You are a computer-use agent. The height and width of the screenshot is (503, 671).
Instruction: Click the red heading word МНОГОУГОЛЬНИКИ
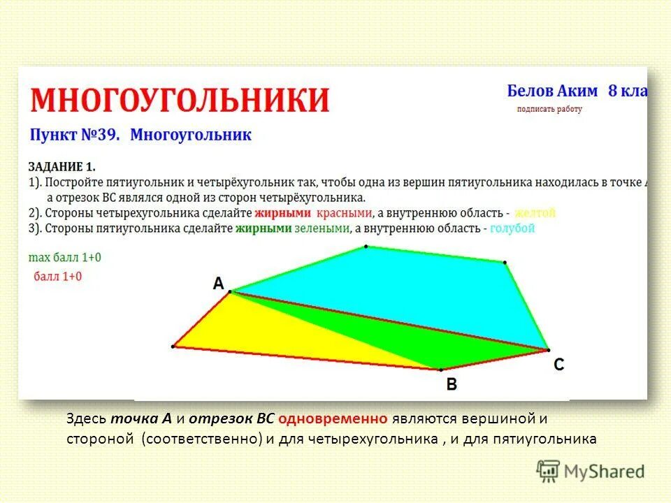click(179, 100)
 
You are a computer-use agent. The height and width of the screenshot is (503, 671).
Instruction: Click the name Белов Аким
click(552, 91)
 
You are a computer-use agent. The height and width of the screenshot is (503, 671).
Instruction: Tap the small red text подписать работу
click(549, 109)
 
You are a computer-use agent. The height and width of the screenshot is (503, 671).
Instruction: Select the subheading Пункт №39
click(75, 136)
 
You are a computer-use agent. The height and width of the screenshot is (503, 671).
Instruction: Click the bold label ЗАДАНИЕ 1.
click(62, 166)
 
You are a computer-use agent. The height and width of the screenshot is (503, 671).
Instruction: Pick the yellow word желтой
click(535, 212)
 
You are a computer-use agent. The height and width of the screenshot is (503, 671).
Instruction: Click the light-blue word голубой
click(512, 228)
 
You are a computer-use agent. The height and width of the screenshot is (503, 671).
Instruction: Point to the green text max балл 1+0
click(64, 258)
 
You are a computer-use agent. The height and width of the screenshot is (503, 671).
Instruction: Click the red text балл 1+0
click(57, 276)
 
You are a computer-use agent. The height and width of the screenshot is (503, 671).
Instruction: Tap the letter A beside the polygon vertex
click(218, 284)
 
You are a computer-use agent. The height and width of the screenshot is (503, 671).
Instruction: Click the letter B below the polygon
click(452, 384)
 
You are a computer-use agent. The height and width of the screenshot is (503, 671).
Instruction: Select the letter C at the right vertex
click(558, 364)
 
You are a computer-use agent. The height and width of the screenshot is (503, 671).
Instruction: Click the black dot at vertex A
click(231, 292)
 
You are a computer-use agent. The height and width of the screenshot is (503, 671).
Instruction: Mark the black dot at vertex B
click(441, 369)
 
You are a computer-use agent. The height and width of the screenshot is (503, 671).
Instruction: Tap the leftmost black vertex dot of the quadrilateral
click(173, 346)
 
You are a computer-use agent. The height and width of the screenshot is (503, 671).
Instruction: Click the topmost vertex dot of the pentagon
click(366, 247)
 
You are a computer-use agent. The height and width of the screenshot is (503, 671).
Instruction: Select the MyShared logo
click(591, 471)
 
